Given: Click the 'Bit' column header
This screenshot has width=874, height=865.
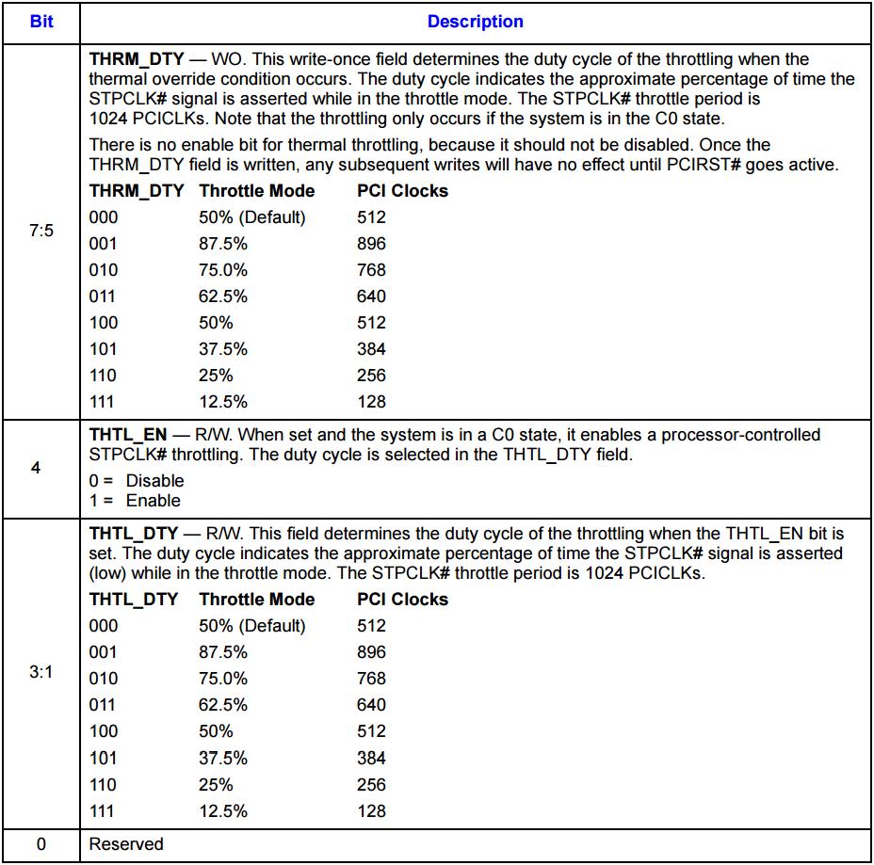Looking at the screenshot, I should pyautogui.click(x=41, y=21).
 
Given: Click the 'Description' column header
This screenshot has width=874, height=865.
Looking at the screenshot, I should pyautogui.click(x=476, y=21).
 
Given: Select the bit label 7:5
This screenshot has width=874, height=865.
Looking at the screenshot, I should pyautogui.click(x=41, y=230).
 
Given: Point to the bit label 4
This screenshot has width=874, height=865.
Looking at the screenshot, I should pyautogui.click(x=36, y=468).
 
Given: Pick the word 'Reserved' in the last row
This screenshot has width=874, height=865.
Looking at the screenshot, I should pyautogui.click(x=126, y=844).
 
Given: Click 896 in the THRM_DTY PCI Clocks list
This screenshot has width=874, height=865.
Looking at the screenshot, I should pyautogui.click(x=371, y=244).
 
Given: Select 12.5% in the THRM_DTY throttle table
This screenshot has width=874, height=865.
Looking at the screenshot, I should pyautogui.click(x=223, y=402).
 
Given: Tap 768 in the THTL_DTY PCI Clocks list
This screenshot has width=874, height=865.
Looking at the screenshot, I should pyautogui.click(x=371, y=679).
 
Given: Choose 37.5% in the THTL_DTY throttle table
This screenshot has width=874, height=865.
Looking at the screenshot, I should pyautogui.click(x=223, y=758).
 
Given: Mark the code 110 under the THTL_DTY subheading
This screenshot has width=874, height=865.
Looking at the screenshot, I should pyautogui.click(x=104, y=784).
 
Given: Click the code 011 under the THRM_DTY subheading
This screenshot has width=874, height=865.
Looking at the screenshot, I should pyautogui.click(x=104, y=296).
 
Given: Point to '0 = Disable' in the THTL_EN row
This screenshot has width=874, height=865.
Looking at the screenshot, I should pyautogui.click(x=137, y=481).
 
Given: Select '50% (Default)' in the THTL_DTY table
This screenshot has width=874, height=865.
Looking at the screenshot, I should pyautogui.click(x=251, y=626).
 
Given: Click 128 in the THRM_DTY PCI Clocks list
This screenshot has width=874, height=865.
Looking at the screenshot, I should pyautogui.click(x=371, y=402).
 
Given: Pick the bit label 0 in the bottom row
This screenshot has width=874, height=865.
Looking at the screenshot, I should pyautogui.click(x=41, y=844).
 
